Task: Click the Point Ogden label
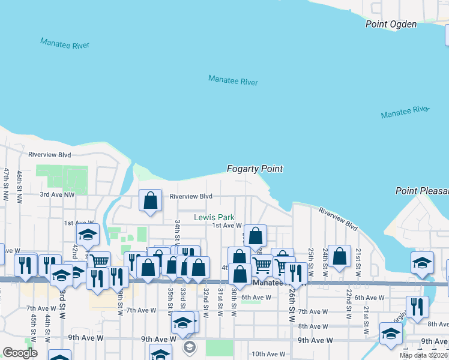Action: point(391,24)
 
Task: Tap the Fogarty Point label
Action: point(255,169)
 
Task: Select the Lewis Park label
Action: point(214,217)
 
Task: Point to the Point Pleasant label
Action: point(422,191)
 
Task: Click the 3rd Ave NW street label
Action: point(57,194)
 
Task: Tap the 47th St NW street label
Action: point(6,184)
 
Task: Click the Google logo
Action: point(20,353)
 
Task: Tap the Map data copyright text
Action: point(423,355)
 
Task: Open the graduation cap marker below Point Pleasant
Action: point(422,263)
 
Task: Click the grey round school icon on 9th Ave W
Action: point(190,347)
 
